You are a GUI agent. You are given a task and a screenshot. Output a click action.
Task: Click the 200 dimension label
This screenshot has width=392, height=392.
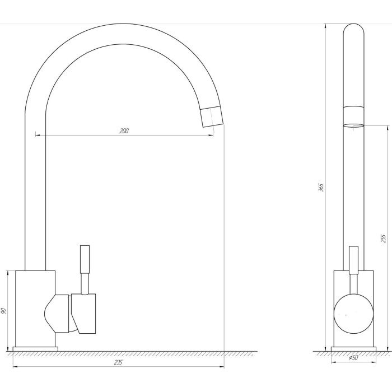(x=124, y=130)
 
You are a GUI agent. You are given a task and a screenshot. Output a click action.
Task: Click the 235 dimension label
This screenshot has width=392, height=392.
(x=118, y=362)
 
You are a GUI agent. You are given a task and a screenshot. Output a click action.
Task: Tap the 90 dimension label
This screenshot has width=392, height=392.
(x=4, y=311)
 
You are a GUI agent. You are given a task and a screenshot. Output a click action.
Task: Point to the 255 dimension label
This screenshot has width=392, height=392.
(x=384, y=238)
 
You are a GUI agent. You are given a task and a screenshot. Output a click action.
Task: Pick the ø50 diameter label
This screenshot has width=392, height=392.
(x=353, y=358)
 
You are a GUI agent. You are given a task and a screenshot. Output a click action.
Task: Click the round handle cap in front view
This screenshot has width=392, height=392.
(x=353, y=314)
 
